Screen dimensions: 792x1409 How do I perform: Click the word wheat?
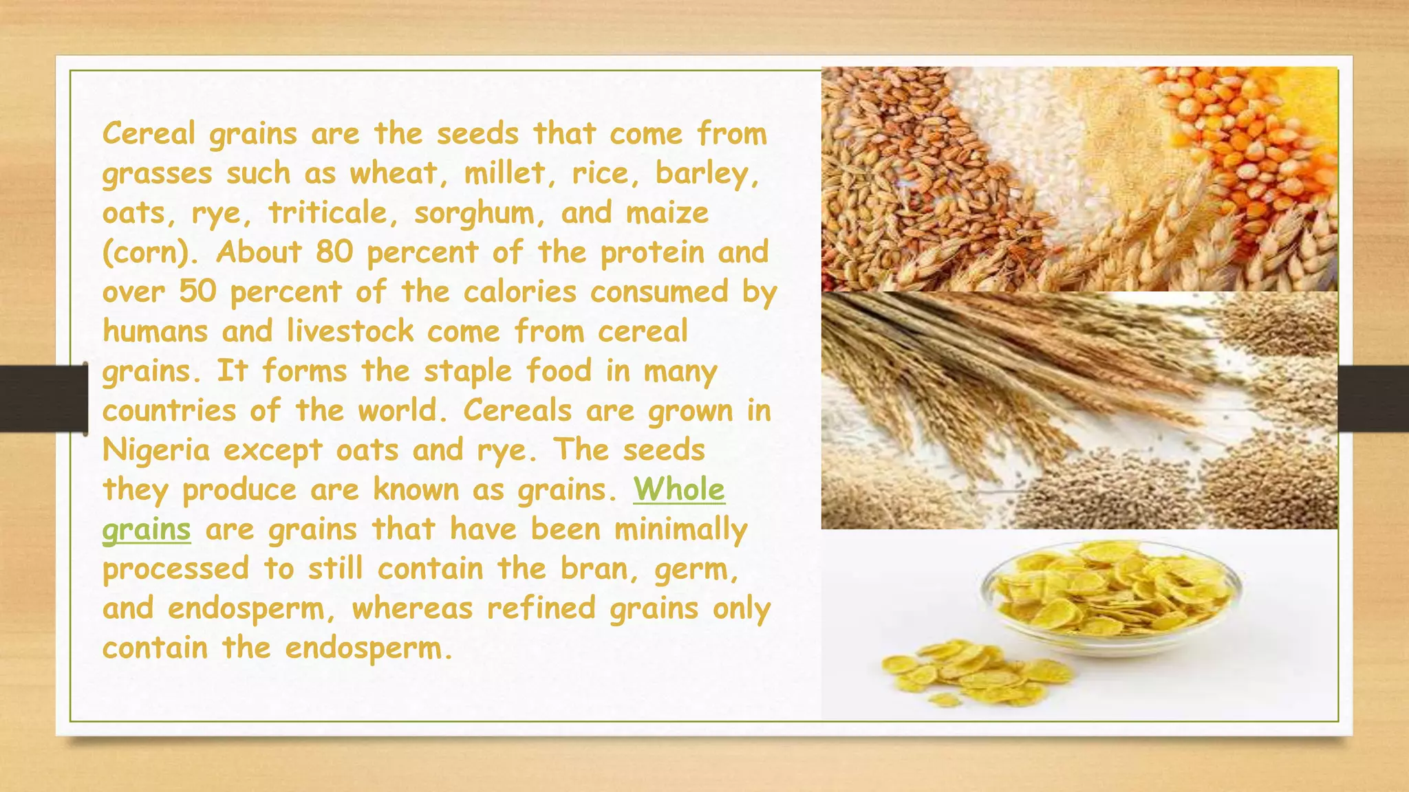pyautogui.click(x=393, y=173)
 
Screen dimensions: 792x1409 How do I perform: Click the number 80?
pyautogui.click(x=334, y=252)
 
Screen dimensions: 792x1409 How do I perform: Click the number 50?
pyautogui.click(x=198, y=291)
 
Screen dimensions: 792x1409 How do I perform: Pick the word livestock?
pyautogui.click(x=350, y=331)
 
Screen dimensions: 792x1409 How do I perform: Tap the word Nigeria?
pyautogui.click(x=156, y=450)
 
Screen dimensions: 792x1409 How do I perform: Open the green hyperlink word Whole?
pyautogui.click(x=679, y=489)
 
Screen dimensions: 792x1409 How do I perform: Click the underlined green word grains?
pyautogui.click(x=147, y=530)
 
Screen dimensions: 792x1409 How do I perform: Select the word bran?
pyautogui.click(x=599, y=569)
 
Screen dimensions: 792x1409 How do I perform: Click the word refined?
pyautogui.click(x=541, y=608)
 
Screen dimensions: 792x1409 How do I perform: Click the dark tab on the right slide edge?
pyautogui.click(x=1373, y=399)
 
